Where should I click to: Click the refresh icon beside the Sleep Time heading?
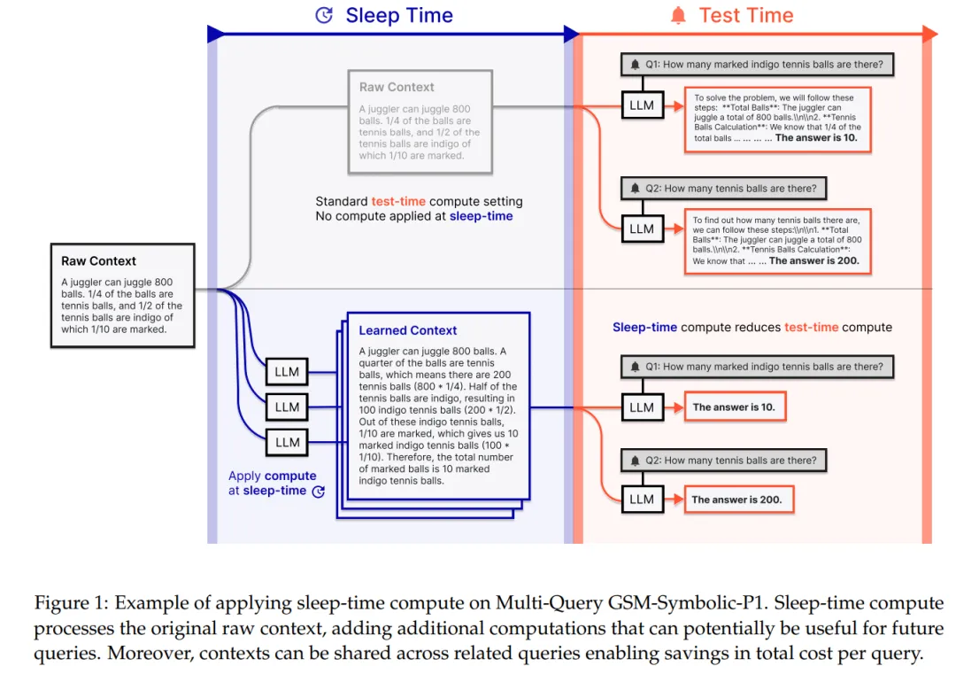[x=325, y=15]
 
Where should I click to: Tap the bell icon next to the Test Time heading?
[x=678, y=15]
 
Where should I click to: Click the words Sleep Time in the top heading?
[x=399, y=15]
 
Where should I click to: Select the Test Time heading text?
[x=746, y=15]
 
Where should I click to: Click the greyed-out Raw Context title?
[x=397, y=87]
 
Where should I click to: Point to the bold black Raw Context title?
[x=98, y=261]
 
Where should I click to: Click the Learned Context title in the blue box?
[x=408, y=330]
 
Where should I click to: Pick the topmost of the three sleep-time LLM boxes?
[x=287, y=372]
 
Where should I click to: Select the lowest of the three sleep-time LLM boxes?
[x=287, y=442]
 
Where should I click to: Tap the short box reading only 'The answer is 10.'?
[x=735, y=407]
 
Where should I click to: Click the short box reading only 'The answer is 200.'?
[x=737, y=500]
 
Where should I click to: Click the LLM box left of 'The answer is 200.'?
[x=641, y=500]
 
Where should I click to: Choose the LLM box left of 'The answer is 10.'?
[x=641, y=407]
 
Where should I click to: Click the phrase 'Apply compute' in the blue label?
[x=273, y=476]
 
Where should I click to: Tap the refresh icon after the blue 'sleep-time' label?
[x=319, y=491]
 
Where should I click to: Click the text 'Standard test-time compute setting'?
[x=419, y=202]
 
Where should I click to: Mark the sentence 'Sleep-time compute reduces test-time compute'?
[x=752, y=327]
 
